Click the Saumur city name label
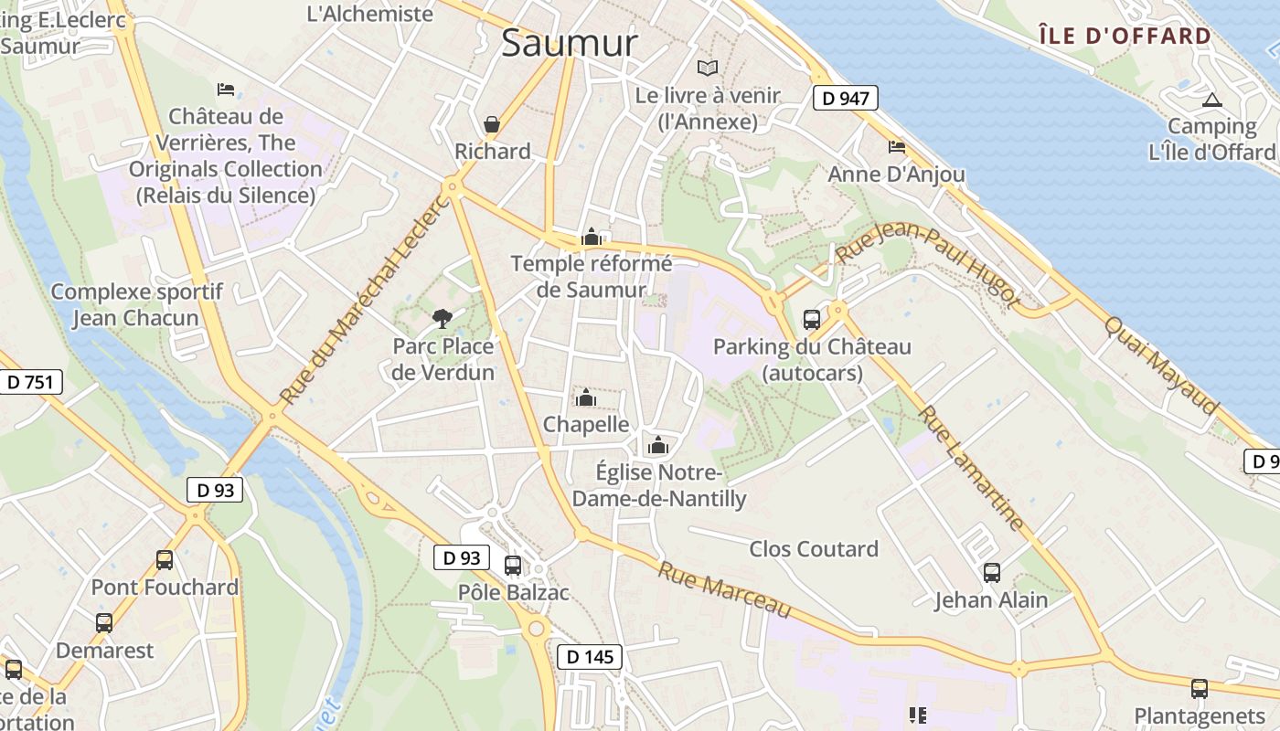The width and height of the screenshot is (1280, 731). [x=569, y=42]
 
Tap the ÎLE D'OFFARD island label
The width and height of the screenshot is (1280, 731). [x=1125, y=37]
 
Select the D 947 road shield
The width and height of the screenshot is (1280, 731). [x=845, y=98]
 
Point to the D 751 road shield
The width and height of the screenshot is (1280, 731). [x=30, y=382]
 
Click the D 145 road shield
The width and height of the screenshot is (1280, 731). [x=590, y=656]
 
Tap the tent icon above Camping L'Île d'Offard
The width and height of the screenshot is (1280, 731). [x=1212, y=100]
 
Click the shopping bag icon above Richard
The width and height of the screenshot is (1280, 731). [x=492, y=123]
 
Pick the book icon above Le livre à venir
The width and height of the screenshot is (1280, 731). [x=708, y=67]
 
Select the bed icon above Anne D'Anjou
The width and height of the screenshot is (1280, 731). [x=897, y=146]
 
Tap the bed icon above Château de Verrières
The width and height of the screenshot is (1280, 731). [x=226, y=89]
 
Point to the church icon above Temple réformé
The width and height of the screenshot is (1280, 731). [x=591, y=237]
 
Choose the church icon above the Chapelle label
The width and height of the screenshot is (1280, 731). [x=586, y=397]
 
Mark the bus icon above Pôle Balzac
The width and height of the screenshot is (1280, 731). [x=513, y=565]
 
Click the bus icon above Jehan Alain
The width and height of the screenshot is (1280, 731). [x=992, y=573]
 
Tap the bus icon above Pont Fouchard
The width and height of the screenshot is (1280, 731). [x=165, y=559]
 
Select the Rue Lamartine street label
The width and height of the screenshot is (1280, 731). [x=971, y=468]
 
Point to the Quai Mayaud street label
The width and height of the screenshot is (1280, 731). [x=1161, y=365]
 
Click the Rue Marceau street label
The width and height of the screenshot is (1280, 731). [x=724, y=590]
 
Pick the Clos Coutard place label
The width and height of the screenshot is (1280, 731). [x=814, y=549]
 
